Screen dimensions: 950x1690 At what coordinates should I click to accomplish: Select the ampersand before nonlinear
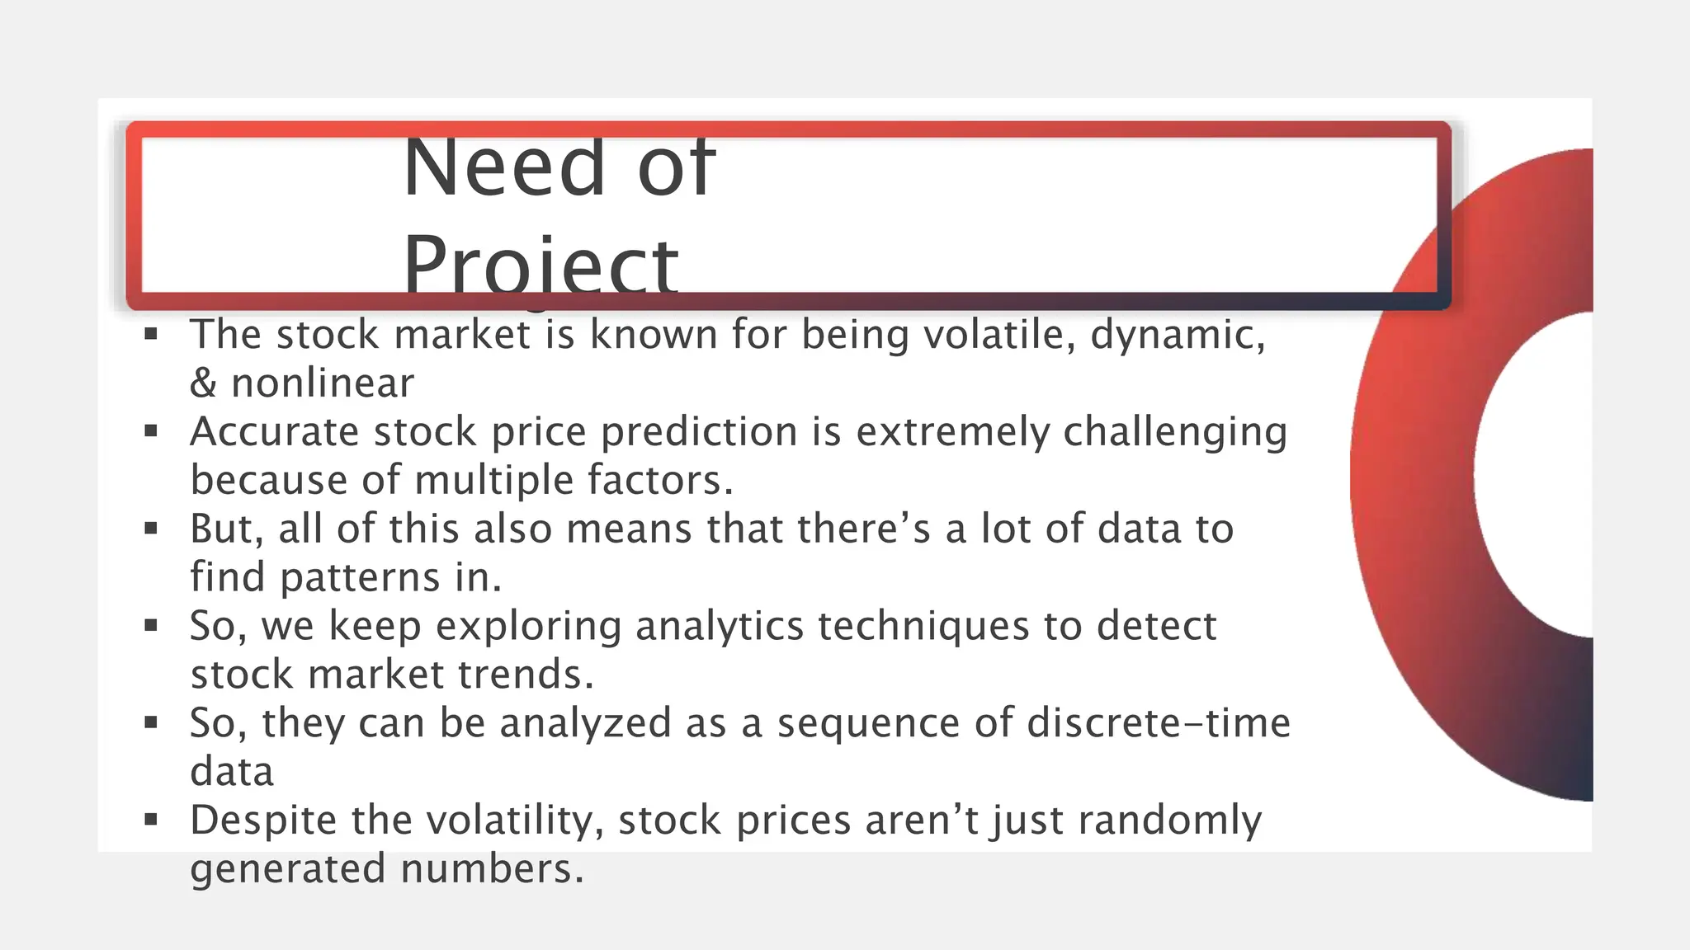tap(203, 383)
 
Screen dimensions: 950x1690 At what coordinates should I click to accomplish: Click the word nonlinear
tap(322, 383)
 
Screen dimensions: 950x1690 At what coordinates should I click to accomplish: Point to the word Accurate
tap(274, 432)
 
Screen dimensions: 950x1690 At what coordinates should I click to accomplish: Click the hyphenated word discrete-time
tap(1159, 723)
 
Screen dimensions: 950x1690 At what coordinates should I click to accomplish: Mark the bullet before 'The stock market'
tap(150, 334)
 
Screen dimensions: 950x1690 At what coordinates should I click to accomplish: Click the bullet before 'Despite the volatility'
tap(150, 820)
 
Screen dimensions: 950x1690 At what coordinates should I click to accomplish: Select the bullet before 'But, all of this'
tap(150, 529)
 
